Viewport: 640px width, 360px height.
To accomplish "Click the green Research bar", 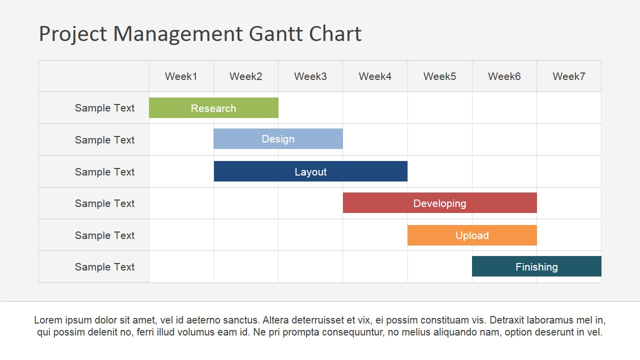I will [x=213, y=108].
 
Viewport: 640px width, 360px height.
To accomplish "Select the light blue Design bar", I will [x=278, y=139].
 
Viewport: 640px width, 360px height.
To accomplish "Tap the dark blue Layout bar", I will [x=310, y=171].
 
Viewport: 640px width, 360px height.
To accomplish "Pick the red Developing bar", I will [x=439, y=203].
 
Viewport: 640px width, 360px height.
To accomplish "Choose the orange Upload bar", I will [x=472, y=235].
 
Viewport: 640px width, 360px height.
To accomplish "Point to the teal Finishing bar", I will [x=536, y=266].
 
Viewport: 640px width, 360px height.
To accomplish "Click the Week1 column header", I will [x=181, y=76].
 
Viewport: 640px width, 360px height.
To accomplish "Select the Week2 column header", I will [x=246, y=76].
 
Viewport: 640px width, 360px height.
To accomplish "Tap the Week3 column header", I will [x=310, y=76].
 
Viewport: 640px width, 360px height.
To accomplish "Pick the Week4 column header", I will [x=375, y=76].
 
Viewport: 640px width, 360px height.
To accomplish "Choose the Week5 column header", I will [x=439, y=76].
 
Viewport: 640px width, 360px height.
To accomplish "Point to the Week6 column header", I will [x=504, y=76].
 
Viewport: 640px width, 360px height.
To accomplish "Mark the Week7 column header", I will [x=569, y=76].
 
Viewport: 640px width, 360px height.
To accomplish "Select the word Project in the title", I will [x=73, y=34].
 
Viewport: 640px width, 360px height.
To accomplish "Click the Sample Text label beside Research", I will [x=104, y=108].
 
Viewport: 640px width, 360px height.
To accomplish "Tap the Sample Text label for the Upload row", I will [x=104, y=235].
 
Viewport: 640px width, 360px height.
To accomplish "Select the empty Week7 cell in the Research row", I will [x=569, y=108].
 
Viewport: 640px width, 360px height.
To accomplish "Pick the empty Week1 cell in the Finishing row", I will [x=181, y=267].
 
